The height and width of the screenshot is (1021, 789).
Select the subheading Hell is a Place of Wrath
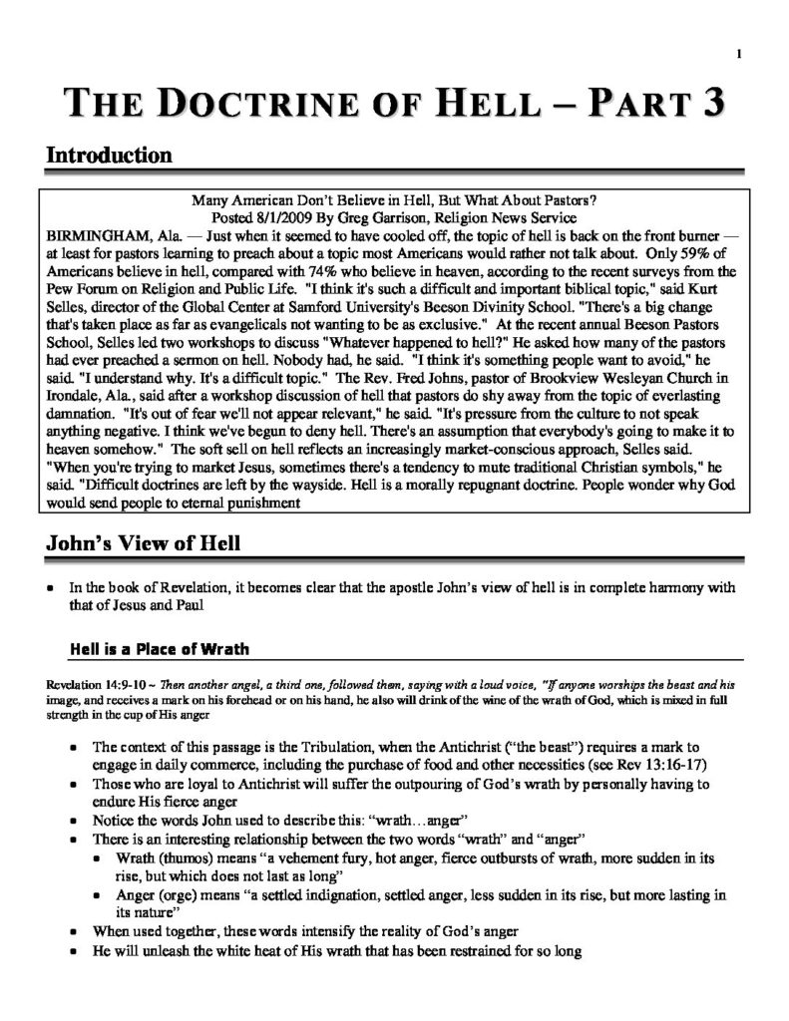pyautogui.click(x=159, y=649)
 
